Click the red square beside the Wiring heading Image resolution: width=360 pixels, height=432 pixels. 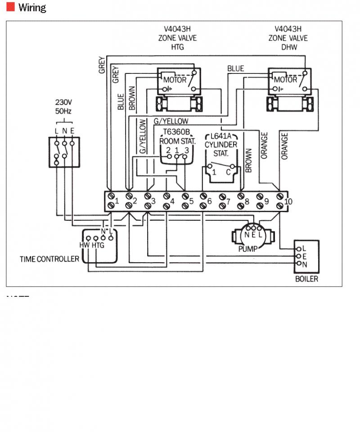click(x=10, y=7)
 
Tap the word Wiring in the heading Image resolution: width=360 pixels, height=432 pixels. click(x=32, y=8)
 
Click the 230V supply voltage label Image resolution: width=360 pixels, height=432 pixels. click(x=64, y=102)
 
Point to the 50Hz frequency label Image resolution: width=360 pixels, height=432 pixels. click(x=64, y=111)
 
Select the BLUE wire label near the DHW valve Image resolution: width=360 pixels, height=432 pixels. click(x=236, y=68)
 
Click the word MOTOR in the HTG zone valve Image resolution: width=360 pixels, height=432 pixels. click(x=175, y=80)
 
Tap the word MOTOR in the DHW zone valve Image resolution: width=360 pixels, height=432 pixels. click(x=286, y=80)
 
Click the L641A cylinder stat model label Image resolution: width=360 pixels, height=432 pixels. click(x=220, y=136)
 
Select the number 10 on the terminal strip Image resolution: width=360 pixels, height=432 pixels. click(x=288, y=201)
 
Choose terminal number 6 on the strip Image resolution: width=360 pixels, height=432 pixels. click(x=210, y=201)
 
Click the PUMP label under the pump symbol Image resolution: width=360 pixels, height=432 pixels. click(x=248, y=249)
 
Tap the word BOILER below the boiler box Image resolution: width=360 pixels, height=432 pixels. click(x=306, y=279)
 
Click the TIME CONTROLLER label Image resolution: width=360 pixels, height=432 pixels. click(x=49, y=259)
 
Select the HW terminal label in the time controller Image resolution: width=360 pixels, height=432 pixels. click(x=84, y=246)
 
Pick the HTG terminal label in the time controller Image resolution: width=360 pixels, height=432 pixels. click(x=98, y=246)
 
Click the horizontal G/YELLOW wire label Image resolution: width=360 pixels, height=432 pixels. click(x=171, y=121)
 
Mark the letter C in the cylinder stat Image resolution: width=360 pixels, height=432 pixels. click(x=228, y=172)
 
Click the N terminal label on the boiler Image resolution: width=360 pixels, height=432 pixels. click(x=305, y=264)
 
